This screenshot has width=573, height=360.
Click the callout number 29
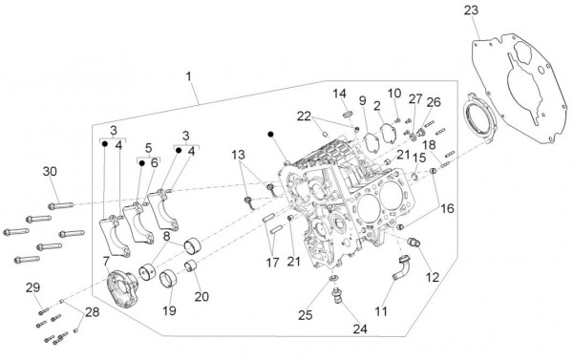[32, 287]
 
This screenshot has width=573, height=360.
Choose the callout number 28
[92, 312]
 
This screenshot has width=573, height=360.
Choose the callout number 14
[339, 93]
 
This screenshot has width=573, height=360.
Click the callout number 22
[303, 116]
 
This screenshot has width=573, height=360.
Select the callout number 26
[434, 101]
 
